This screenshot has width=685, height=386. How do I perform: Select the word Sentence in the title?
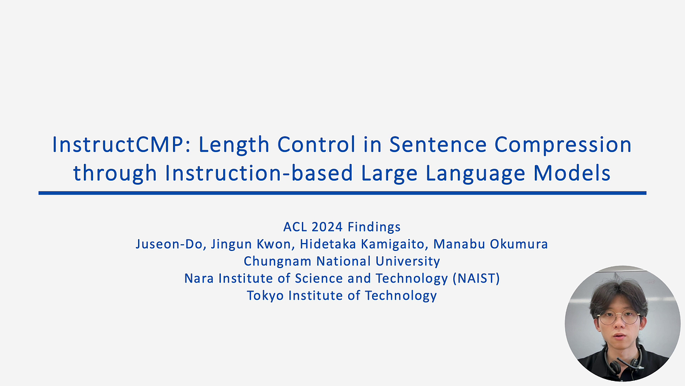tap(438, 144)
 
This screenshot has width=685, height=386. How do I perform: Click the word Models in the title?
tap(572, 173)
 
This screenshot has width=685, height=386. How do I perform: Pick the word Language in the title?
tap(475, 174)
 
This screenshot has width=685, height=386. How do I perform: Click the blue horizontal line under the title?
tap(342, 193)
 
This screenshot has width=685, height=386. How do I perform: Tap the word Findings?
tap(374, 228)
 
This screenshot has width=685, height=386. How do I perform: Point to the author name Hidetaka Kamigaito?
tap(362, 245)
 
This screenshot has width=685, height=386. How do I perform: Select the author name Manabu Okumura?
tap(490, 244)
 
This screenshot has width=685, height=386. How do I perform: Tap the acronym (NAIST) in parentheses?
tap(476, 278)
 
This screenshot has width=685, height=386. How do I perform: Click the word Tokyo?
tap(265, 296)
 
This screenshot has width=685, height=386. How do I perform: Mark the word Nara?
tap(199, 278)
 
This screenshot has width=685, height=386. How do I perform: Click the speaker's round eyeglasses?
tap(618, 318)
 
